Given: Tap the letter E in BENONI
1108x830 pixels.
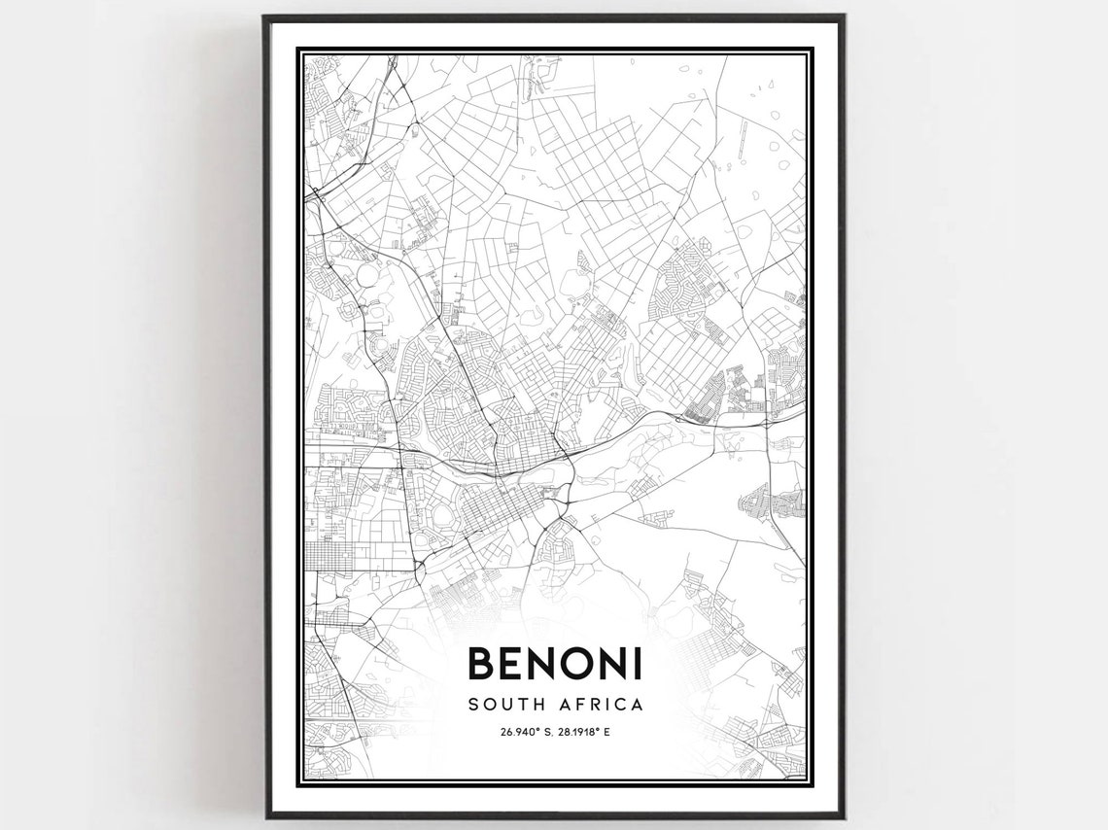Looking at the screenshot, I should point(514,664).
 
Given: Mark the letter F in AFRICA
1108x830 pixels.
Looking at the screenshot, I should point(583,704).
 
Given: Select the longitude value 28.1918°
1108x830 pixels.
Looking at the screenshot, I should point(575,732).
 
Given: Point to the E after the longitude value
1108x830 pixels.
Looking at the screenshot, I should point(607,732).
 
